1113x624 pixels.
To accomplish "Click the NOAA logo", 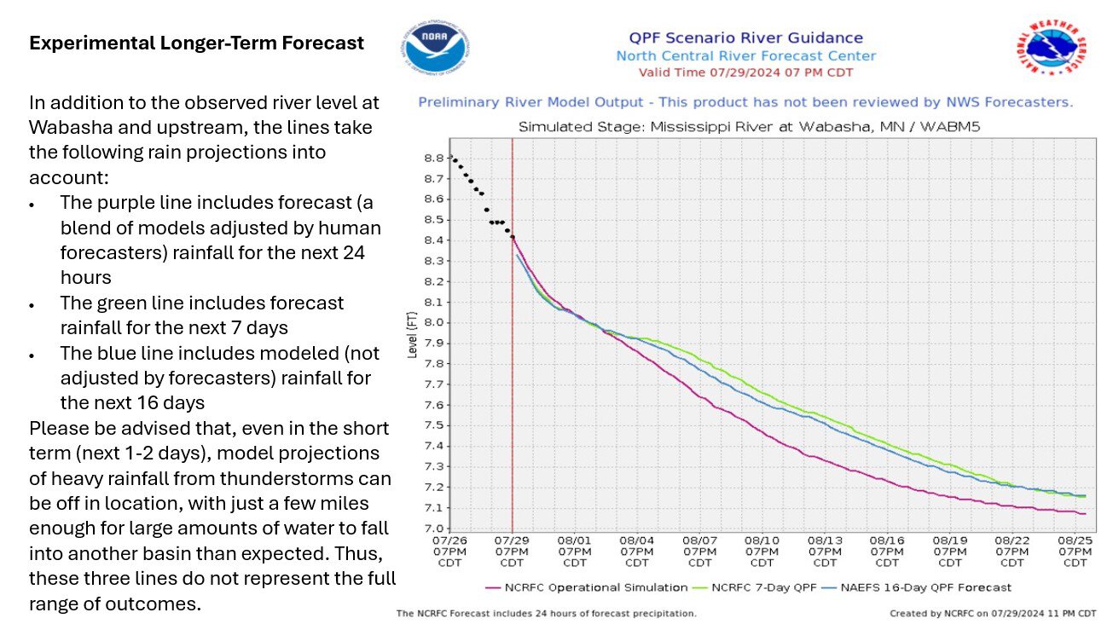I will pyautogui.click(x=436, y=48).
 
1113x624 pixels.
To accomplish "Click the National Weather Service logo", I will pyautogui.click(x=1051, y=49).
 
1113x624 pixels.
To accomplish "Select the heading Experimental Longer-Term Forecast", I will pyautogui.click(x=196, y=43).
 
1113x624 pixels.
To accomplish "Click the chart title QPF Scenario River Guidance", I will pyautogui.click(x=745, y=38).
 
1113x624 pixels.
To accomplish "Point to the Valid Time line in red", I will pyautogui.click(x=745, y=72).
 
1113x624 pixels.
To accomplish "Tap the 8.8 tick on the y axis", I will pyautogui.click(x=433, y=158).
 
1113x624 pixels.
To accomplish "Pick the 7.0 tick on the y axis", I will pyautogui.click(x=433, y=529).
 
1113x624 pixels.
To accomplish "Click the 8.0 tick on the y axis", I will pyautogui.click(x=433, y=322).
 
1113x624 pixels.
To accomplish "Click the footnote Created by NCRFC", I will pyautogui.click(x=993, y=613).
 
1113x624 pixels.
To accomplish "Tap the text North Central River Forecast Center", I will pyautogui.click(x=745, y=56).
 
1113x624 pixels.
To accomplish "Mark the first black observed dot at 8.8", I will pyautogui.click(x=453, y=159).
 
